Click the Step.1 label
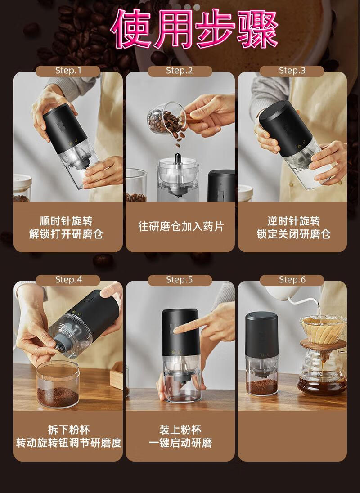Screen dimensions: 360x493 tap(68, 71)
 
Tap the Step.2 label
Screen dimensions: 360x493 tap(179, 71)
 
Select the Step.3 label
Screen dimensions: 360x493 tap(292, 71)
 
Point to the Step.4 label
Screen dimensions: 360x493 tap(68, 279)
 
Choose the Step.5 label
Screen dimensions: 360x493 tap(179, 279)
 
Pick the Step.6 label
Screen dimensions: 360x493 tap(292, 279)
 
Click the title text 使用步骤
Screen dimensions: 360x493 tap(194, 29)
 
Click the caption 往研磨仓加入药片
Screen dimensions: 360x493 tap(181, 226)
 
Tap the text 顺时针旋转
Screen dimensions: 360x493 tap(66, 221)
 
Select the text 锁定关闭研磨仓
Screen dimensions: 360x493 tap(294, 234)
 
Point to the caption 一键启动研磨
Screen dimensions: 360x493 tap(180, 443)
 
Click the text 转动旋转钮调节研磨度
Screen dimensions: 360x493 tap(69, 443)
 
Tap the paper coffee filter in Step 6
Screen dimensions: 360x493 tap(323, 330)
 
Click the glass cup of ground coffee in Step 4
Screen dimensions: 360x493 tap(58, 385)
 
